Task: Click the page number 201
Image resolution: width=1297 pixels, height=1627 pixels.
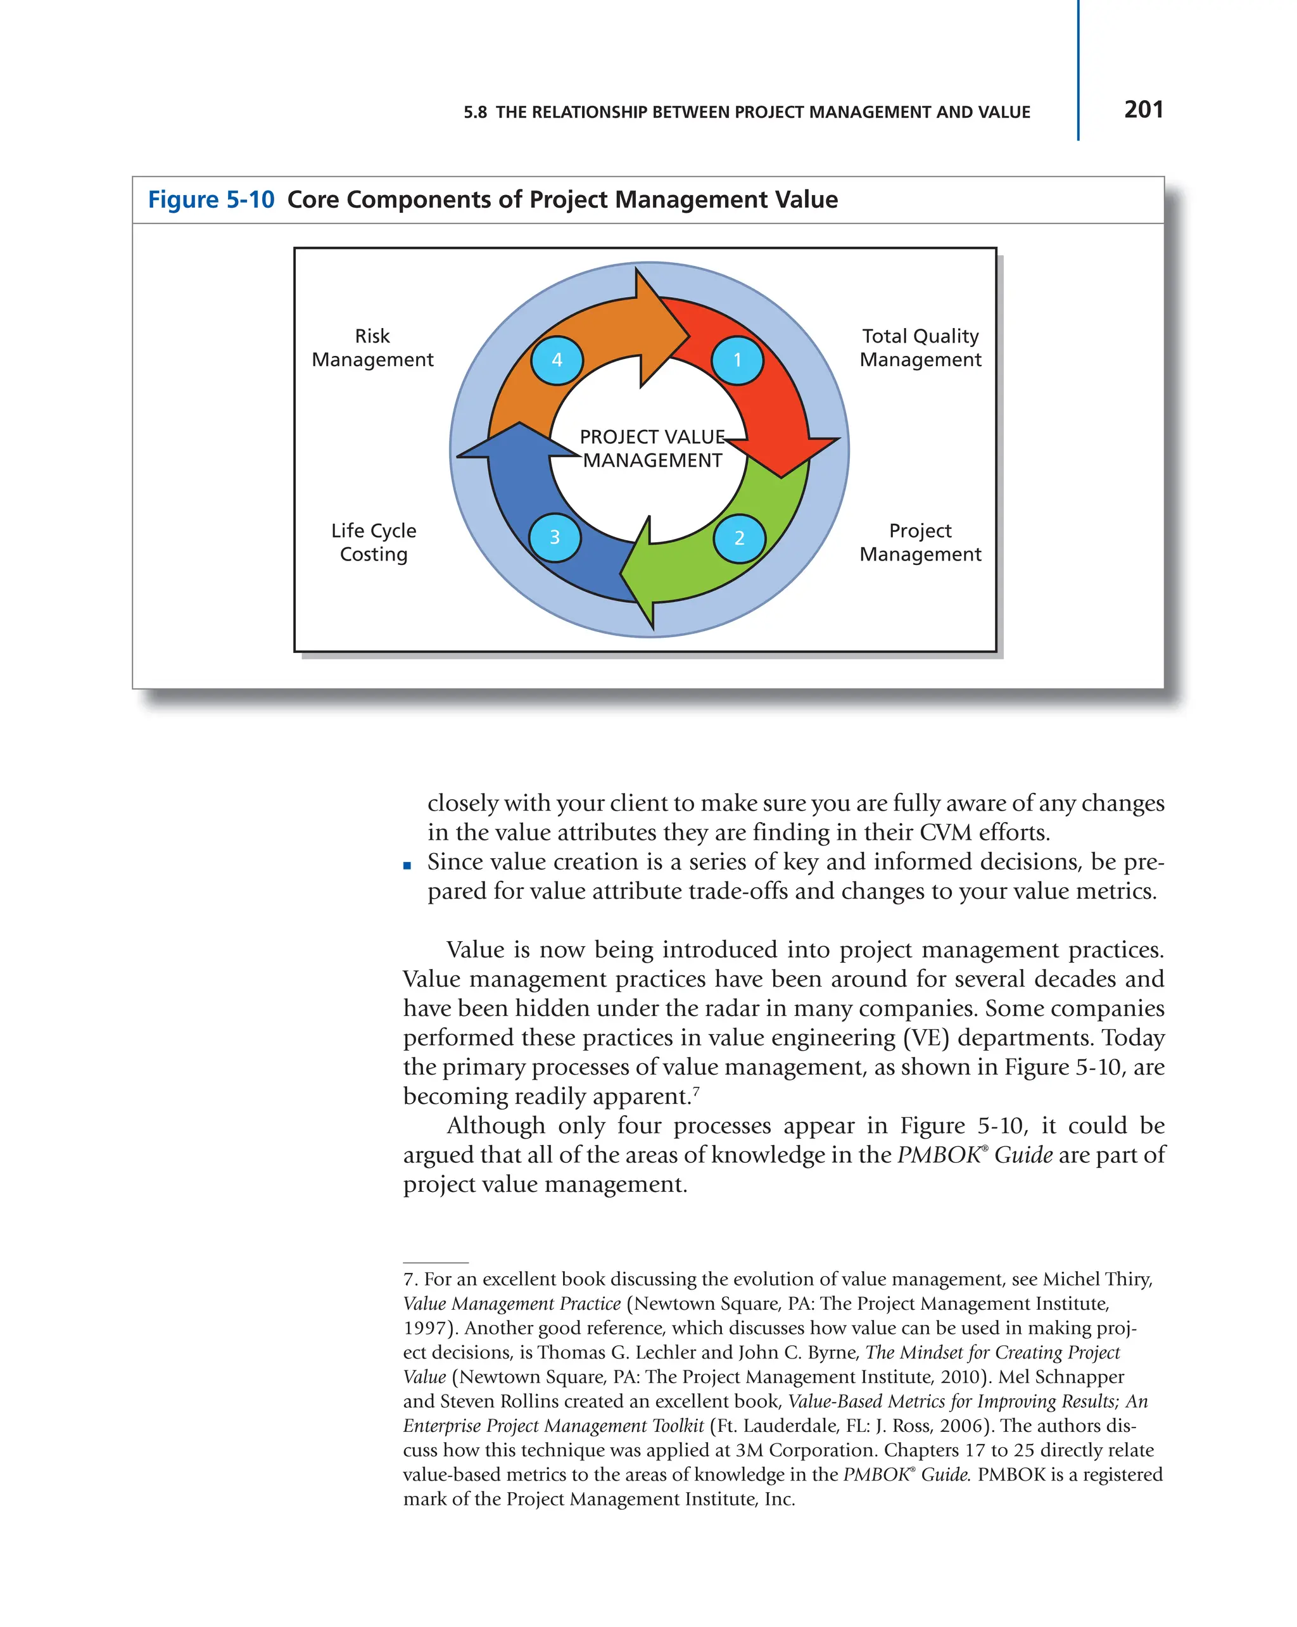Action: point(1142,110)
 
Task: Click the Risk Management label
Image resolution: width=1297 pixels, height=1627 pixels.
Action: point(373,347)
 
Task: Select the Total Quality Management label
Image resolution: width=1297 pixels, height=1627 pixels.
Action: point(920,347)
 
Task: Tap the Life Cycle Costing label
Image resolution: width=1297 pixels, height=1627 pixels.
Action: point(374,542)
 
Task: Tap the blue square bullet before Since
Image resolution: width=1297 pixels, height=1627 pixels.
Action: point(407,866)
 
